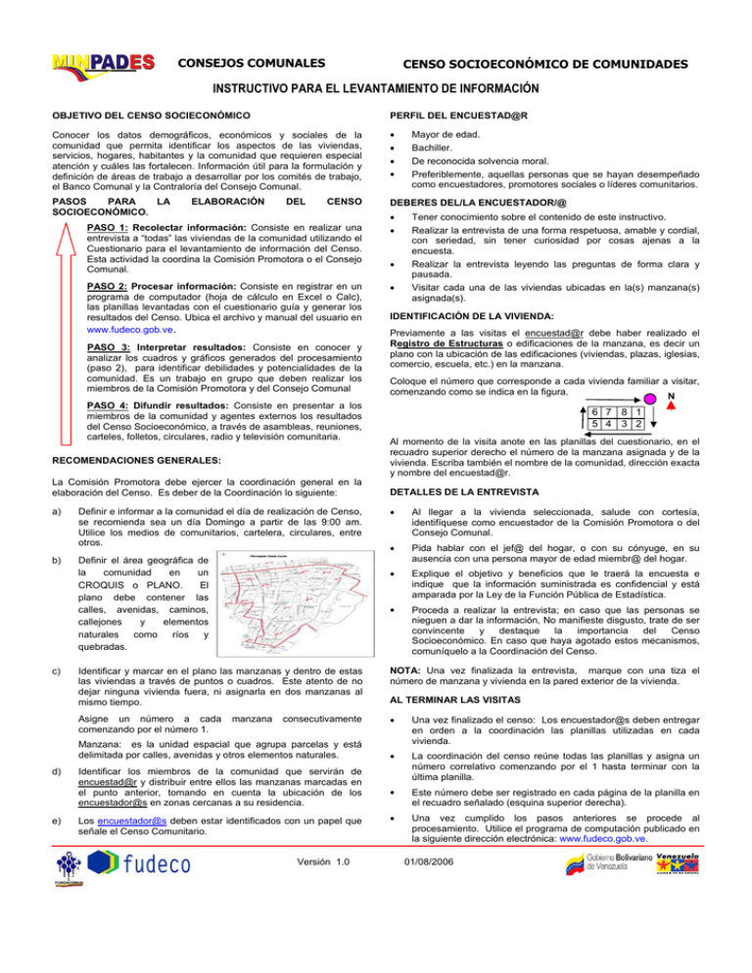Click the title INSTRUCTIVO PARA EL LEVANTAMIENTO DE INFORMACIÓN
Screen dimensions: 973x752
pyautogui.click(x=376, y=89)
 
